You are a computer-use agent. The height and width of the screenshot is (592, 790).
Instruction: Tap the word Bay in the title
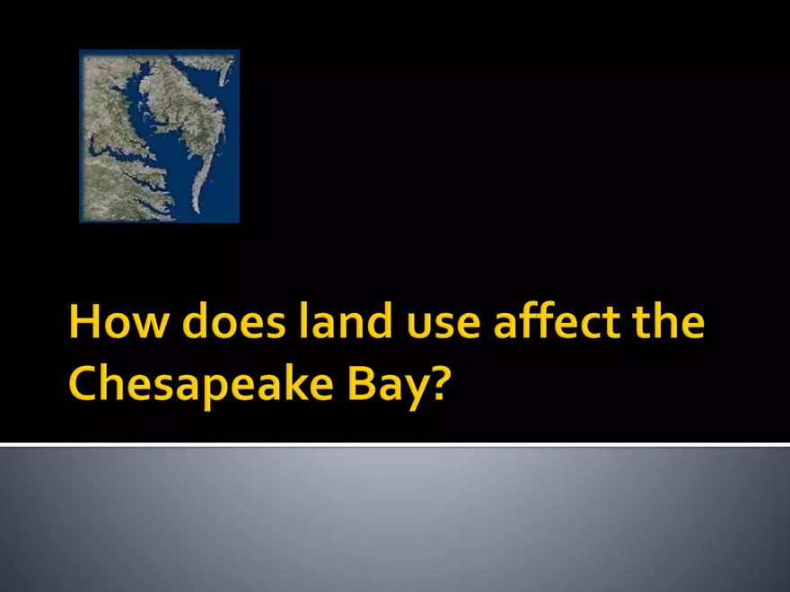388,387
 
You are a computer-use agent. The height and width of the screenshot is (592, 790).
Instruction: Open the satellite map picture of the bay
160,135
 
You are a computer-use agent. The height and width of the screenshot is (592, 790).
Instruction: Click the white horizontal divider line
395,444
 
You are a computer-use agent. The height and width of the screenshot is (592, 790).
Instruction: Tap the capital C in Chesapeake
86,386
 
